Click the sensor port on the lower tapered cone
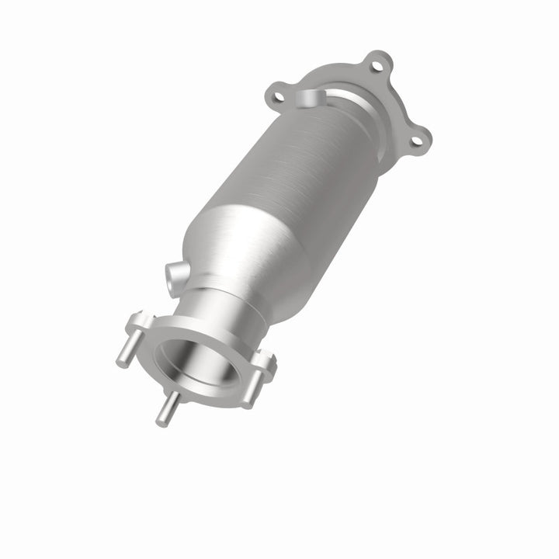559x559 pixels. [174, 273]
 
